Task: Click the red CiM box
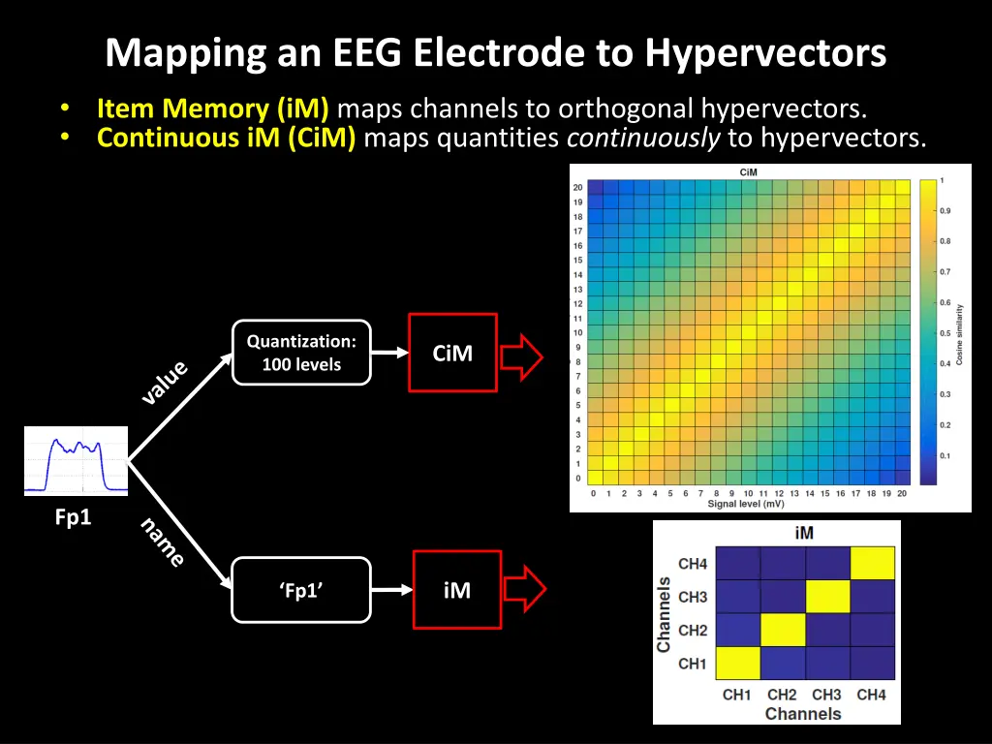click(452, 353)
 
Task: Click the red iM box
click(456, 590)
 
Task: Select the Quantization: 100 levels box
click(301, 353)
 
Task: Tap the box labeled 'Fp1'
click(301, 590)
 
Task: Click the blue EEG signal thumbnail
click(77, 461)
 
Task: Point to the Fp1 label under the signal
click(73, 518)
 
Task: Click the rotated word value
click(165, 383)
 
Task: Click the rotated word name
click(162, 542)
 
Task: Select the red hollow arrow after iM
click(524, 590)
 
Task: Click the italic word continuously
click(643, 138)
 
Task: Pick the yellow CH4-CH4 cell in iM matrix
click(871, 564)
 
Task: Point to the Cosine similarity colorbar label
click(960, 334)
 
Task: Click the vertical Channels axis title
click(664, 614)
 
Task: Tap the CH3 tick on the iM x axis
click(826, 695)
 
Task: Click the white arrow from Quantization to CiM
click(389, 354)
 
